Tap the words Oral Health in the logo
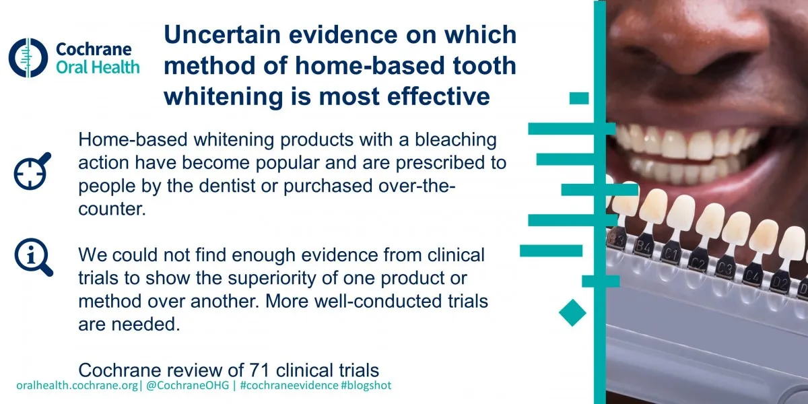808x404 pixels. click(98, 67)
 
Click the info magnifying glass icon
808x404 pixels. click(32, 258)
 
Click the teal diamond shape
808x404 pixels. click(572, 312)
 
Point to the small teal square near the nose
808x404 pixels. click(578, 98)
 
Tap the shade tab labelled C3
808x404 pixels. click(725, 269)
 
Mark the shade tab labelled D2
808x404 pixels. click(780, 280)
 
